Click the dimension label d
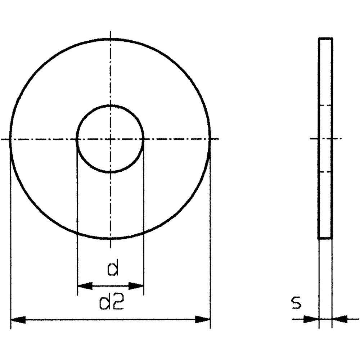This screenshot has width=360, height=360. [113, 269]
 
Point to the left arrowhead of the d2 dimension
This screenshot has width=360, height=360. [18, 319]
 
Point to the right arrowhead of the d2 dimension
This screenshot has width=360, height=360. [202, 319]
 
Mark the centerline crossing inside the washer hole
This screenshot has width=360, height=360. [110, 139]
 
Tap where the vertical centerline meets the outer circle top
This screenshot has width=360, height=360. [110, 39]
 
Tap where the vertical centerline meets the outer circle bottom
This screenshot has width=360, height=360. [110, 239]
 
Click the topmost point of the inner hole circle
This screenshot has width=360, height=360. [110, 105]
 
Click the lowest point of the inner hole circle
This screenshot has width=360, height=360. [110, 172]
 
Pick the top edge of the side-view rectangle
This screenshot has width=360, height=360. [325, 38]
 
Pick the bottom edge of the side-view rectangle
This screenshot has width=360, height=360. [325, 238]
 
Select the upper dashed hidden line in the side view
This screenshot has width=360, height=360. [325, 105]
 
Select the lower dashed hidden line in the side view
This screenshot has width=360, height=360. [325, 172]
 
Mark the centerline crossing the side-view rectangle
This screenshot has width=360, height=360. [325, 138]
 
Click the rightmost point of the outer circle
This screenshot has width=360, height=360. [210, 139]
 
